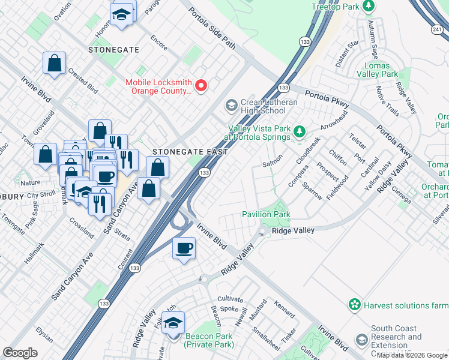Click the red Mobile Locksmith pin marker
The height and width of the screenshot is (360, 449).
202,86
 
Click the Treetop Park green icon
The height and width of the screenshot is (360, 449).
370,7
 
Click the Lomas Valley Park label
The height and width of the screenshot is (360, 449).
377,70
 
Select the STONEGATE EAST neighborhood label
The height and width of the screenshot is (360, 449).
189,152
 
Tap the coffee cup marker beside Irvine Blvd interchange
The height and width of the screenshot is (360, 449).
184,248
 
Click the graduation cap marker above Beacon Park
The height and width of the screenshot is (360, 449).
173,322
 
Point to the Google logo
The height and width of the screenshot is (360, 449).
20,353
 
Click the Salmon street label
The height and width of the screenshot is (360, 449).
272,164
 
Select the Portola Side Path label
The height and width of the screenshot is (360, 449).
212,29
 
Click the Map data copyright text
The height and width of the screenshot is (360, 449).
412,355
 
